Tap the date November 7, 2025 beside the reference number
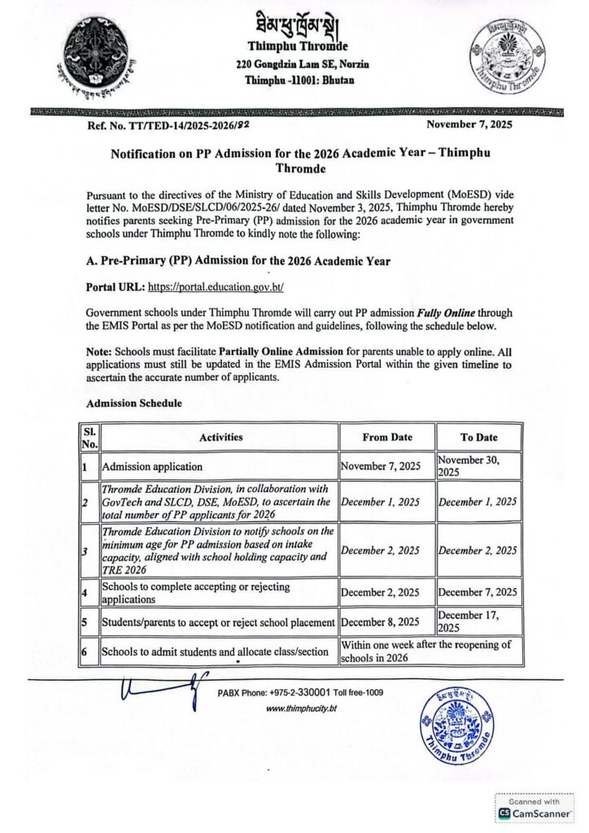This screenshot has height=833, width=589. [x=469, y=124]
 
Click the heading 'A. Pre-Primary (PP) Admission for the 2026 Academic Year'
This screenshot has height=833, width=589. [x=238, y=261]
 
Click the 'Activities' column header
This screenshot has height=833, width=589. [x=221, y=437]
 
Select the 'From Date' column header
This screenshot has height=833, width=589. [x=387, y=437]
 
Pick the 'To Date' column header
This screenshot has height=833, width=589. [x=478, y=437]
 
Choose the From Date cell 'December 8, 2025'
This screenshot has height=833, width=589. [x=380, y=622]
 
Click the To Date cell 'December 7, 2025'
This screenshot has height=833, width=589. [x=478, y=591]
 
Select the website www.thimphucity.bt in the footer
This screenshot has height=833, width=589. [x=302, y=709]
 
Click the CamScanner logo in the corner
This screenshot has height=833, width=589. [x=534, y=812]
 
